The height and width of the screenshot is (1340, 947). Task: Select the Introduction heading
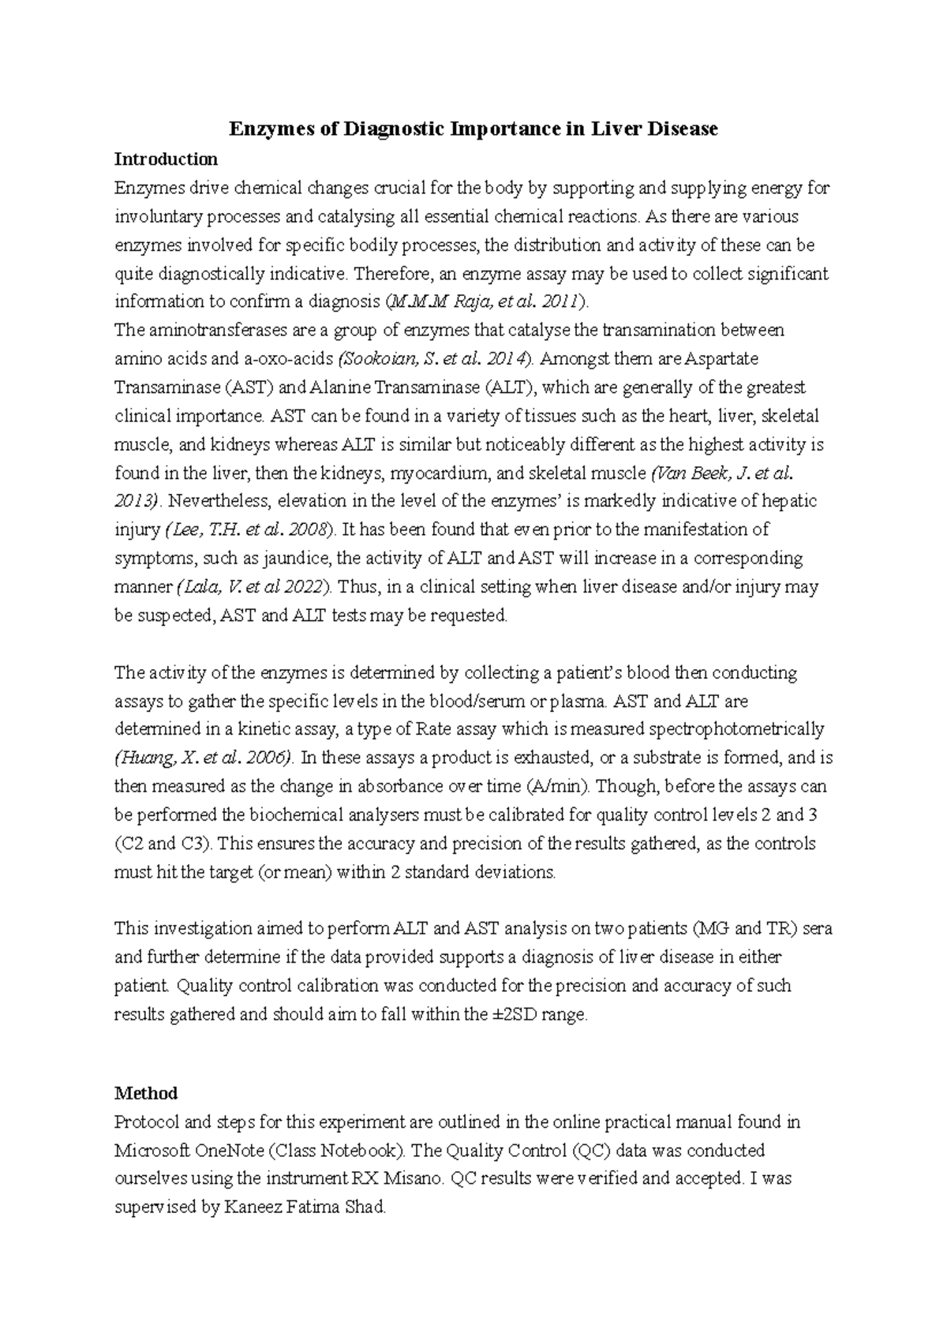click(166, 159)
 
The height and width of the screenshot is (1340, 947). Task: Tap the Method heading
click(146, 1093)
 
